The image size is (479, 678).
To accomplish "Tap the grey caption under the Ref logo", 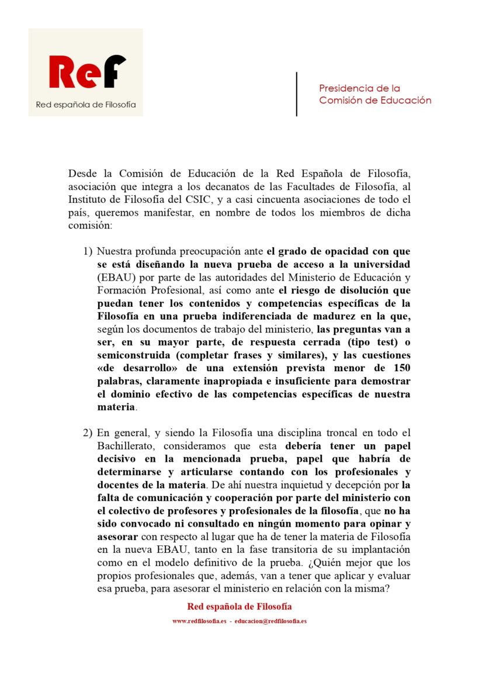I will click(x=86, y=105).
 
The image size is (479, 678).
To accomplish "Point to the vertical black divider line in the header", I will click(x=297, y=94).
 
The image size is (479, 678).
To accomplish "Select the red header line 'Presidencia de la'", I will click(x=359, y=88).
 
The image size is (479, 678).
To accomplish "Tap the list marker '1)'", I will click(x=87, y=252).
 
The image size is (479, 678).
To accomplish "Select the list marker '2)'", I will click(x=87, y=433).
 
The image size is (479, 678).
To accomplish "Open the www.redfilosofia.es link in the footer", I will click(x=199, y=621).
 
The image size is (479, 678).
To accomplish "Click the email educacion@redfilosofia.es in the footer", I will click(x=270, y=621).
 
